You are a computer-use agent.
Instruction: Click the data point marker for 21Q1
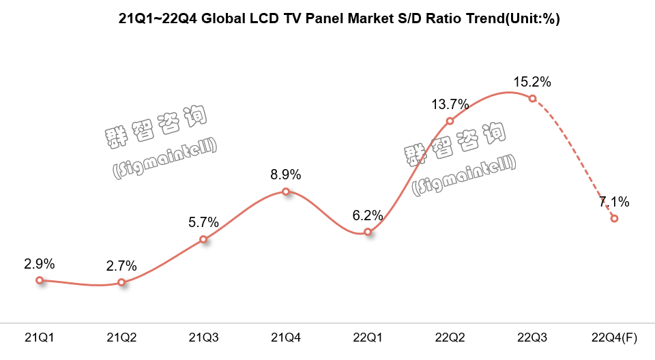pos(40,280)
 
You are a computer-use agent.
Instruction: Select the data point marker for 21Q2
pos(121,282)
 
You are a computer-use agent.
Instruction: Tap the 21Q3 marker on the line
pos(203,239)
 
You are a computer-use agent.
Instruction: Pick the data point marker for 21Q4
pos(286,192)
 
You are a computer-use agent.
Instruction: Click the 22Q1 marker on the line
pos(368,232)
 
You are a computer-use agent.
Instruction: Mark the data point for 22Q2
pos(450,121)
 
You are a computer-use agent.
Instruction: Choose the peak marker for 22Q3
pos(532,99)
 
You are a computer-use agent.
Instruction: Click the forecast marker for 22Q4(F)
pos(614,219)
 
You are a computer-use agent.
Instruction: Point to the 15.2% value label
pos(532,82)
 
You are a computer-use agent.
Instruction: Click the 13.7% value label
pos(450,104)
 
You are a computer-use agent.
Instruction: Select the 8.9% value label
pos(286,175)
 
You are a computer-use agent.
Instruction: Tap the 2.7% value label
pos(121,266)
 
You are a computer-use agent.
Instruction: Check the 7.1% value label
pos(614,202)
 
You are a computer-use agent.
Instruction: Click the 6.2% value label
pos(368,215)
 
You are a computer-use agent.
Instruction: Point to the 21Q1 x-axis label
pos(40,337)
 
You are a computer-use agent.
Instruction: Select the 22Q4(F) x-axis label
pos(614,337)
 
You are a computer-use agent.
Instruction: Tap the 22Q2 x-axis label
pos(450,337)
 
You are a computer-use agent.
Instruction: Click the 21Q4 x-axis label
pos(286,337)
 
